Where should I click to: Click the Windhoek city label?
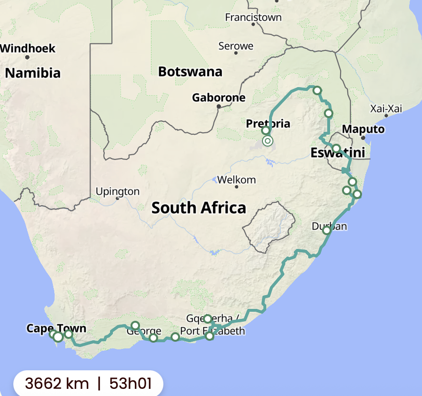(x=28, y=49)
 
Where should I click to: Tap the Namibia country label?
(x=33, y=73)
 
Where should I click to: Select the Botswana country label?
(x=190, y=72)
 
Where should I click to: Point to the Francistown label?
(x=253, y=18)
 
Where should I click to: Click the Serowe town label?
(x=236, y=46)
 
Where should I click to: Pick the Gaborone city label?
(x=219, y=98)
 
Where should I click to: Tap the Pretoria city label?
(x=268, y=124)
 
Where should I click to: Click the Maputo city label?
(x=363, y=129)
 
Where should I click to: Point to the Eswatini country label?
(x=338, y=153)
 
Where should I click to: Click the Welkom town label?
(x=237, y=180)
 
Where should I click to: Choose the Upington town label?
(x=118, y=192)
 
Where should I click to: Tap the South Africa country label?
(x=199, y=208)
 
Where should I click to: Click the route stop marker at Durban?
(x=327, y=230)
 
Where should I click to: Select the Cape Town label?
(x=56, y=328)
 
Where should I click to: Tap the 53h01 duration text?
(x=130, y=383)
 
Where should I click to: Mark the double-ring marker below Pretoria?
(x=268, y=141)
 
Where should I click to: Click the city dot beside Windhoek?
(x=28, y=57)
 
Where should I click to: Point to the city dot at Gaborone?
(x=219, y=106)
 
